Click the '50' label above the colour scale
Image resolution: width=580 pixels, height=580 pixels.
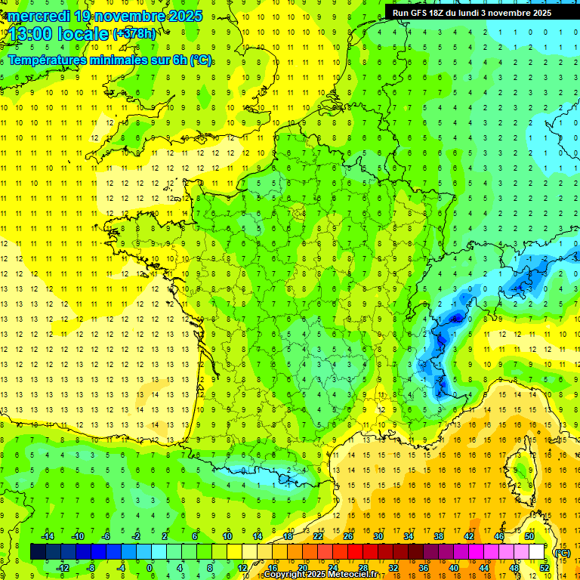(x=529, y=536)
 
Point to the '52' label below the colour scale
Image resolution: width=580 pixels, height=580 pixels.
(x=545, y=568)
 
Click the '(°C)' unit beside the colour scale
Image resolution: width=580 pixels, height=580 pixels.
(x=562, y=552)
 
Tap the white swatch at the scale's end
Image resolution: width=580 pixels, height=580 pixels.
(x=537, y=552)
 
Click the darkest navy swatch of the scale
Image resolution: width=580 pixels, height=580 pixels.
(x=39, y=552)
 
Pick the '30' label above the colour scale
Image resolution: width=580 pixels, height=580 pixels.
(x=378, y=536)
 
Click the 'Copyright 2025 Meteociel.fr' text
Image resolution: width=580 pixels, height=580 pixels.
(x=321, y=575)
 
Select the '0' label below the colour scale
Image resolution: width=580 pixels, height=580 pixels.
(x=150, y=568)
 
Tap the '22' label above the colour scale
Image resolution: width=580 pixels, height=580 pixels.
(x=318, y=536)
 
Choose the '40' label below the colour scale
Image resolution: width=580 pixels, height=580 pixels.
(x=454, y=568)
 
